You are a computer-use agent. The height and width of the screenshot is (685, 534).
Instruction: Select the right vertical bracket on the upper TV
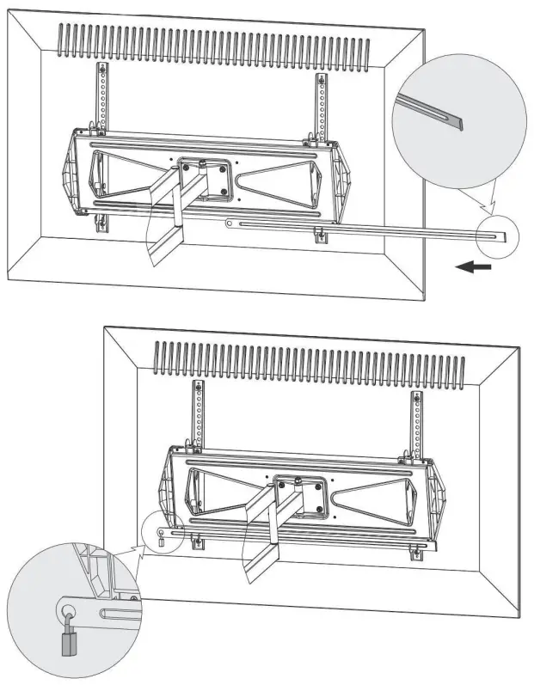tap(320, 103)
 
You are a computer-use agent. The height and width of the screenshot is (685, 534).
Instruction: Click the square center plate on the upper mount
tap(203, 177)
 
